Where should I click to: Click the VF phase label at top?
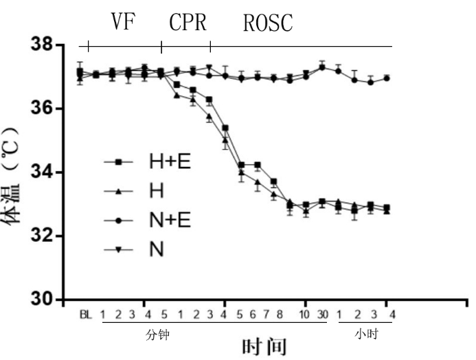pos(124,23)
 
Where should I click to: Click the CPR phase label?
pos(188,23)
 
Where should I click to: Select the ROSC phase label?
pos(269,23)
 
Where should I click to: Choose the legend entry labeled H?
pos(156,191)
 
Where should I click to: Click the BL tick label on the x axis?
pos(85,315)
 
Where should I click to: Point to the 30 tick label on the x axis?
pos(322,315)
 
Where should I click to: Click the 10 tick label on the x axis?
pos(305,315)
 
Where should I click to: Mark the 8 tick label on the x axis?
pos(280,315)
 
